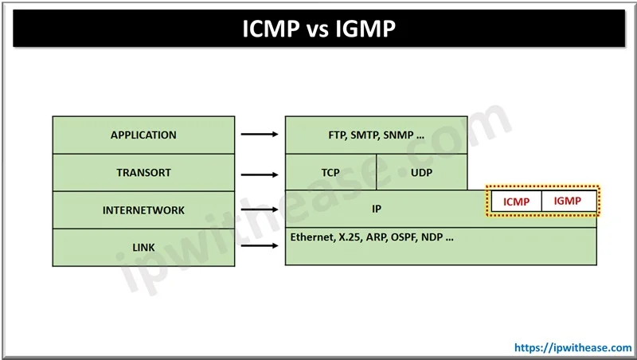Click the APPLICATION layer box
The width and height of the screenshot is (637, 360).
[x=143, y=135]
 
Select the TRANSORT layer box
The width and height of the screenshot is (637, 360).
[x=143, y=172]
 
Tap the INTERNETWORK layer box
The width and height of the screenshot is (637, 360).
[x=143, y=210]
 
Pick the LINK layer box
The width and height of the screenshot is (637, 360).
[x=143, y=248]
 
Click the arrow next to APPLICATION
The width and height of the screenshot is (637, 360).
[x=260, y=134]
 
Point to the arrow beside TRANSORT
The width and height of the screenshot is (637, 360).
[x=260, y=174]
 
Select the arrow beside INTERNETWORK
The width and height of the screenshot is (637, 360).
[x=260, y=209]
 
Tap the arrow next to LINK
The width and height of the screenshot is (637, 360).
[x=260, y=245]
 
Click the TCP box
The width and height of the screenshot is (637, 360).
[x=330, y=172]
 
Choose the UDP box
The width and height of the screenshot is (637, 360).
[x=422, y=172]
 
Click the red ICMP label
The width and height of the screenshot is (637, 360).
[x=516, y=202]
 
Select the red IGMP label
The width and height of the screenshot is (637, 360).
[x=568, y=201]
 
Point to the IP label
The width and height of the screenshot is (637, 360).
[x=377, y=209]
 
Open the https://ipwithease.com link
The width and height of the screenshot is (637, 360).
[x=573, y=348]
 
